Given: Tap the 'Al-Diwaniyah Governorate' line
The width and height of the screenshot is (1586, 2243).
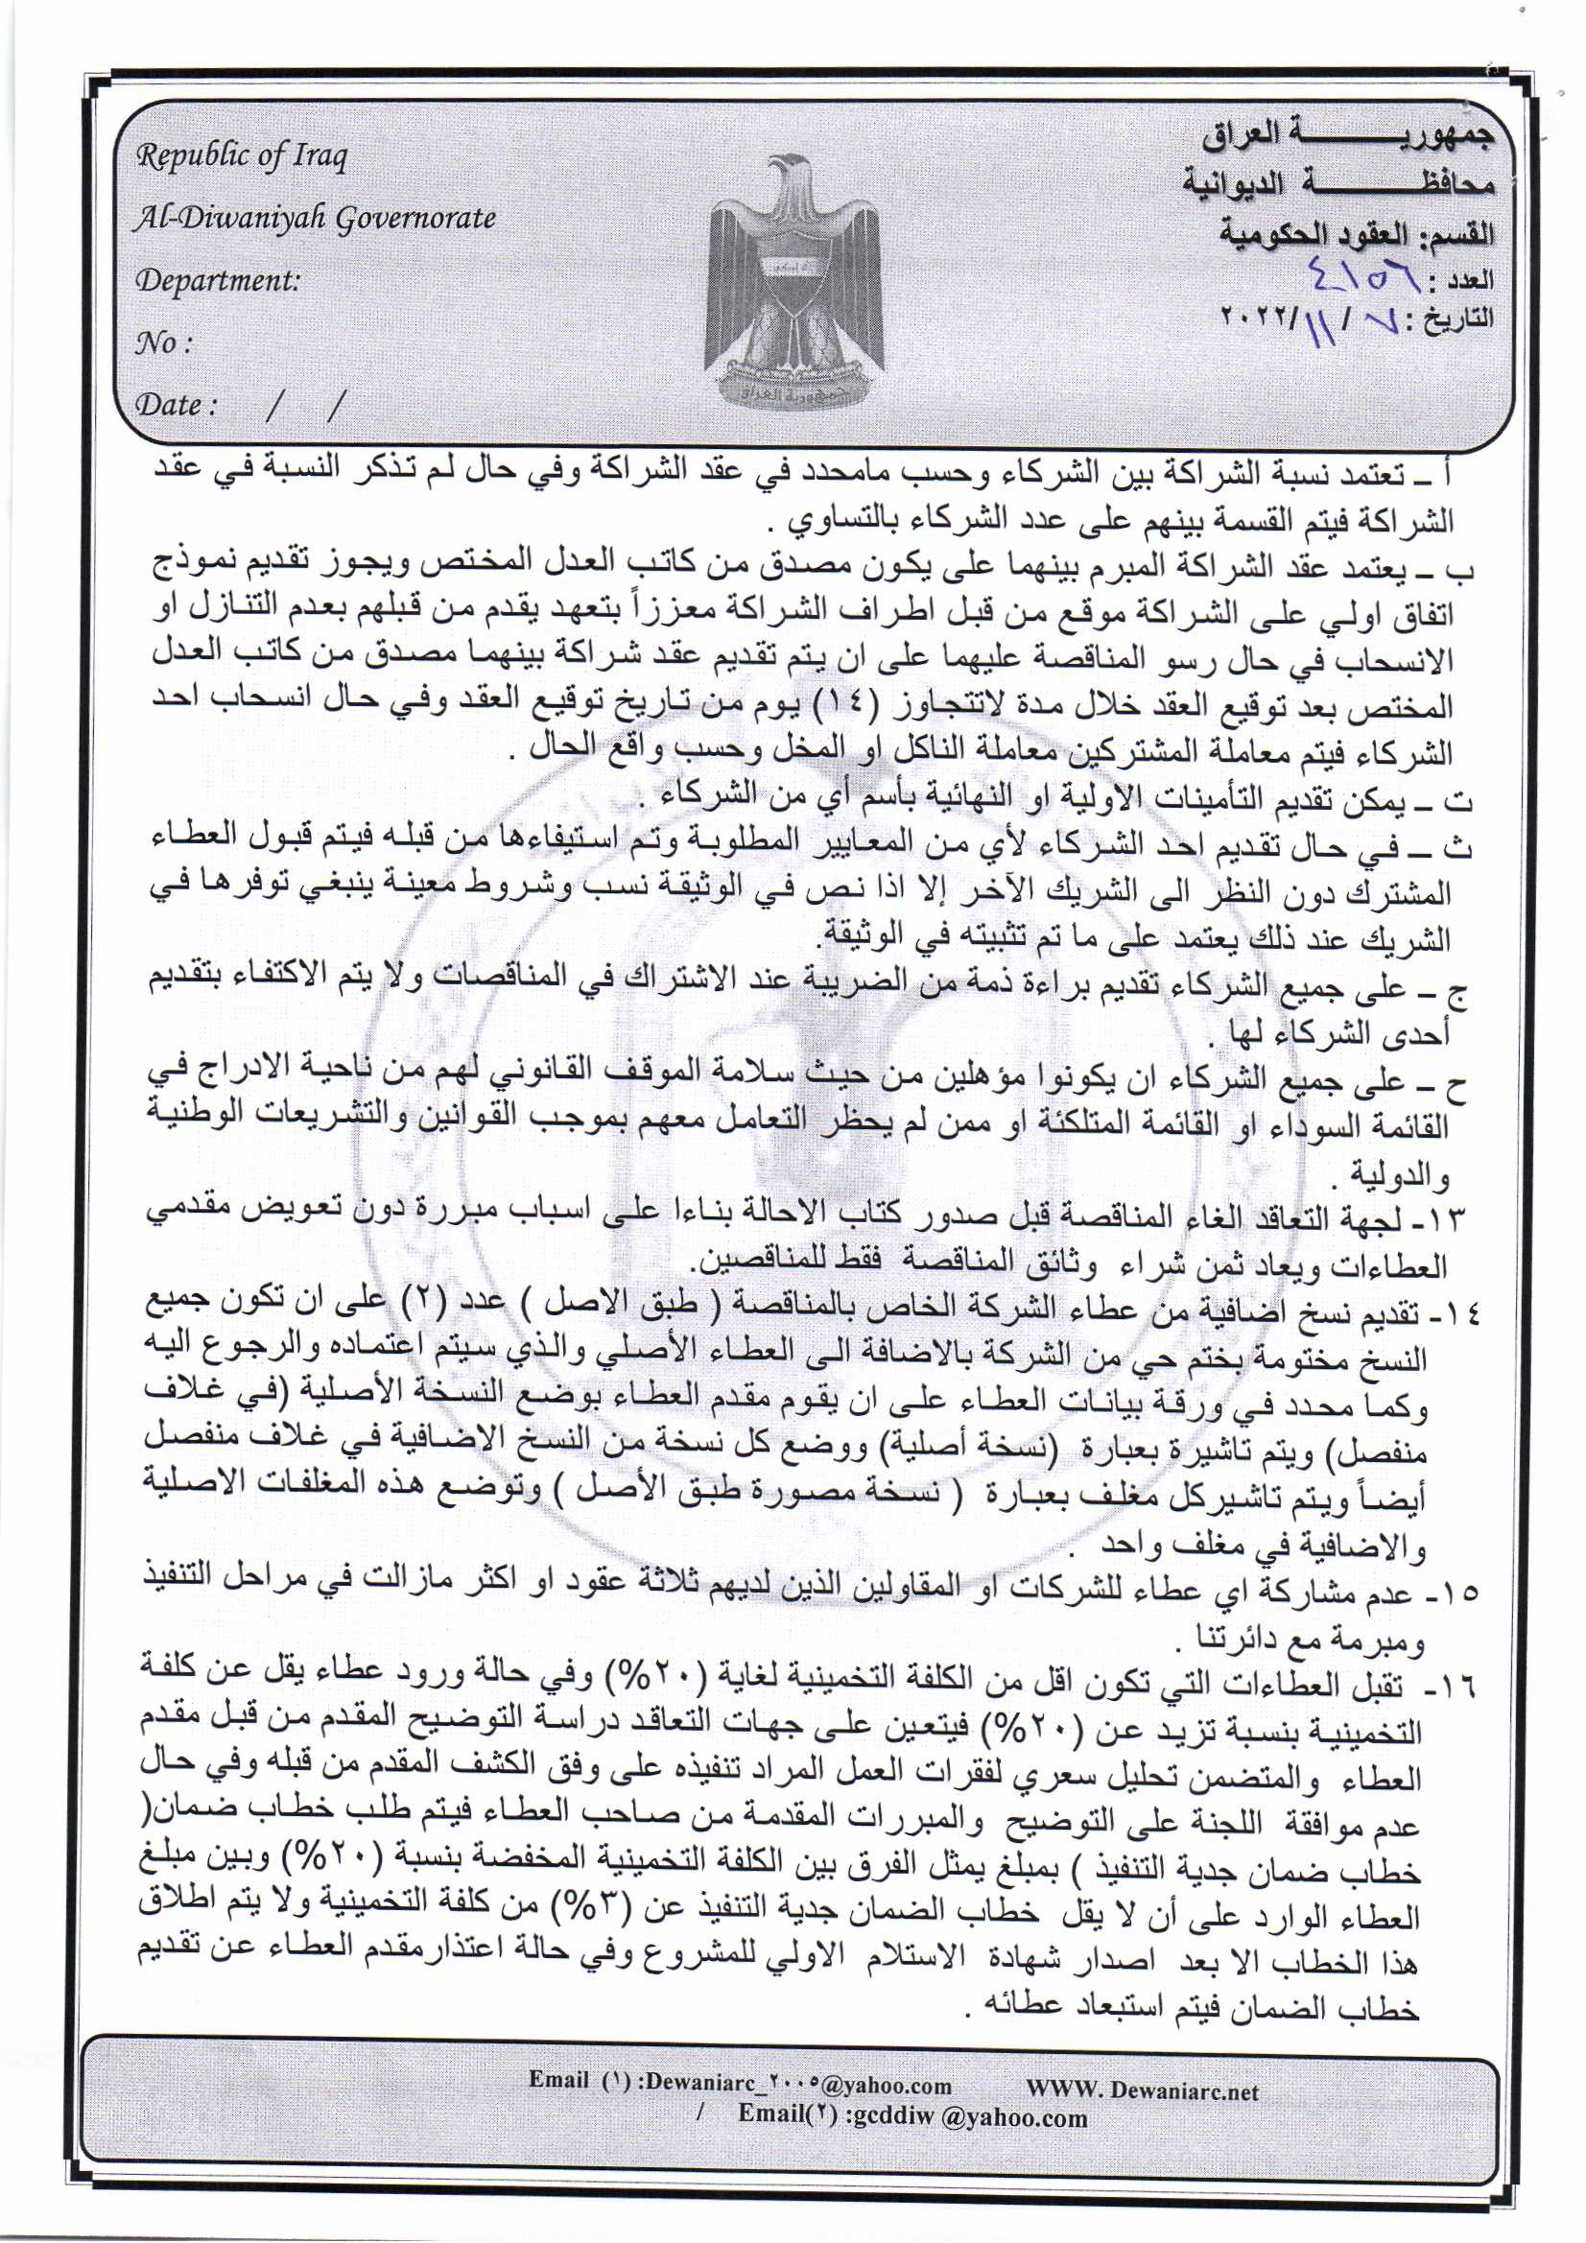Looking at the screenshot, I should click(x=315, y=218).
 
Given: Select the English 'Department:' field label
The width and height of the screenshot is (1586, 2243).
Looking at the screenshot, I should click(x=217, y=281).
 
